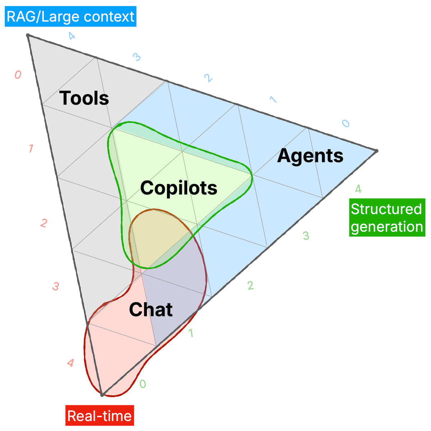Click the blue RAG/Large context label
pos(70,17)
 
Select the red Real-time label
pos(99,416)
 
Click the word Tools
pos(84,98)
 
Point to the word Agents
pos(310,156)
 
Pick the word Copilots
pos(179,187)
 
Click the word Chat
pos(151,310)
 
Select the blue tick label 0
pos(346,124)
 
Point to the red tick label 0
pos(18,75)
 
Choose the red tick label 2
pos(44,223)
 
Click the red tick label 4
pos(71,363)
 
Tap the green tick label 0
pos(143,384)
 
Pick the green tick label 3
pos(306,236)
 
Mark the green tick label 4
pos(358,189)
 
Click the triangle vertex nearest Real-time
pos(102,395)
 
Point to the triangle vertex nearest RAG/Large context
pos(28,35)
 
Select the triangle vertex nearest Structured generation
pos(376,151)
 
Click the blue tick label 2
pos(207,78)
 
